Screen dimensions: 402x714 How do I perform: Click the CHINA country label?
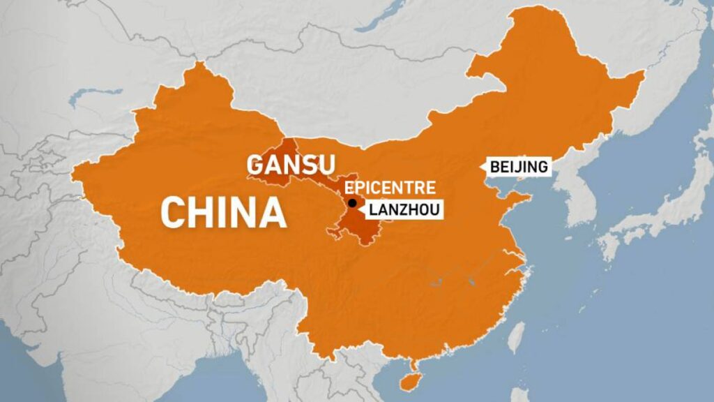223,212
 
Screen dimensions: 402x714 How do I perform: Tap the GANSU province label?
291,165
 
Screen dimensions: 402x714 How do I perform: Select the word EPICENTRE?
390,187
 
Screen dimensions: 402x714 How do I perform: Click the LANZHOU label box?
404,208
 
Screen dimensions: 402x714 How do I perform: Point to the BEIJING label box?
519,167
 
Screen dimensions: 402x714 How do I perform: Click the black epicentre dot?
352,203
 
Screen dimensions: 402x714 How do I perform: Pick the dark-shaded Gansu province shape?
349,223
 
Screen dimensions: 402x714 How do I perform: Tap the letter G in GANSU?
256,165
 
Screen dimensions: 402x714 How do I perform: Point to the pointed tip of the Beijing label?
483,167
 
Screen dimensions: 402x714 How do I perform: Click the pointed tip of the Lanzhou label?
362,208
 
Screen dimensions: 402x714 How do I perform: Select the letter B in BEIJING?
494,167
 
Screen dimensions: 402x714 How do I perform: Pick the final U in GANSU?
326,165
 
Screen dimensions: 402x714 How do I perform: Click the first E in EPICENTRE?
349,187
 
